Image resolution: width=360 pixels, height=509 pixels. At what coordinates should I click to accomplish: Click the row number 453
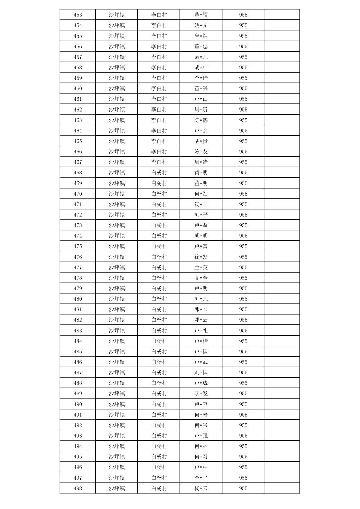(78, 15)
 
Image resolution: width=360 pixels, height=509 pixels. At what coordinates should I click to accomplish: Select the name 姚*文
(201, 25)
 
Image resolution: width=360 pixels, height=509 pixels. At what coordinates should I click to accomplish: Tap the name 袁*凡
(201, 57)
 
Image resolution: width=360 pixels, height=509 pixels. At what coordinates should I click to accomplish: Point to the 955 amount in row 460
(243, 88)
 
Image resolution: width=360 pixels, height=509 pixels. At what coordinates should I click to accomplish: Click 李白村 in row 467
(159, 162)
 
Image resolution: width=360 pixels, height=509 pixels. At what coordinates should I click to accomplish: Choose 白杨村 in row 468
(159, 173)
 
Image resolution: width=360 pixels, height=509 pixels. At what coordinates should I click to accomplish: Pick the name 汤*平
(201, 204)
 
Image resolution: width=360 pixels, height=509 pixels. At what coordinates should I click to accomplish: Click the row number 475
(78, 246)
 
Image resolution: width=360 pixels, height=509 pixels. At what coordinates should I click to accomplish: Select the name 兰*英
(201, 267)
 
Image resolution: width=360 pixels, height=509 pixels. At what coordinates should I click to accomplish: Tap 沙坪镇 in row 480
(117, 299)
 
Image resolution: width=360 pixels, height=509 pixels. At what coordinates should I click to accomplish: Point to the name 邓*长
(201, 309)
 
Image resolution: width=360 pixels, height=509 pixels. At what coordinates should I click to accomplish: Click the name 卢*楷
(201, 341)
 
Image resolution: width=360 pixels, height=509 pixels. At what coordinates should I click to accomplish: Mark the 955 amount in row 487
(243, 372)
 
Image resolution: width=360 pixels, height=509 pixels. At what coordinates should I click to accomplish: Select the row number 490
(78, 404)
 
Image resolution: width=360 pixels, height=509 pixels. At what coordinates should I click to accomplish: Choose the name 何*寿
(201, 415)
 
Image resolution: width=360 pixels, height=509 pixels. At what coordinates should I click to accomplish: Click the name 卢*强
(201, 436)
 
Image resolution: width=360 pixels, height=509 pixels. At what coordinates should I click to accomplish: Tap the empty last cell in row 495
(282, 457)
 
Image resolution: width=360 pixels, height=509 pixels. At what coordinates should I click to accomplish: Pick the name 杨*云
(201, 488)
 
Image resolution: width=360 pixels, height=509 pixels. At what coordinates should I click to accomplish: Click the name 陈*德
(201, 120)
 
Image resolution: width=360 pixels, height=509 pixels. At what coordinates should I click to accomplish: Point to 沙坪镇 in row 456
(117, 46)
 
